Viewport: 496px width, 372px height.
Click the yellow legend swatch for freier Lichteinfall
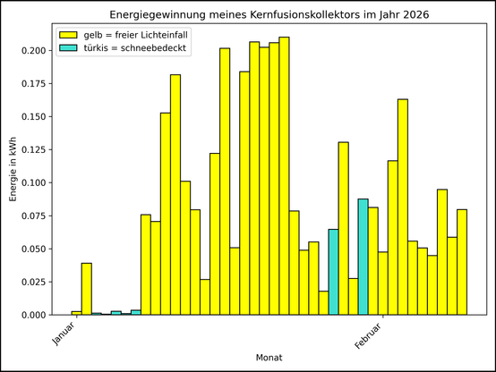[68, 34]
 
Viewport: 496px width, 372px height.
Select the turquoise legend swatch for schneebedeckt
[68, 47]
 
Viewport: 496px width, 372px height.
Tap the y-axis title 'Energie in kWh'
[13, 169]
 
